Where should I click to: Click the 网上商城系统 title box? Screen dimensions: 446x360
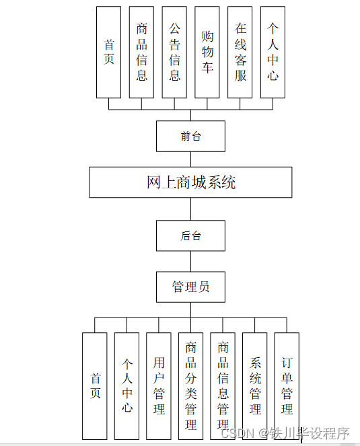[x=190, y=182]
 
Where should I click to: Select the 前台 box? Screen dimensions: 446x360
[x=190, y=136]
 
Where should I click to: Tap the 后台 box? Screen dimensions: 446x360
[x=190, y=235]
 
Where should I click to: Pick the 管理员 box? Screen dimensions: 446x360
[x=190, y=287]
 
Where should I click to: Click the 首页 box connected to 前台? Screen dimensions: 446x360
[x=109, y=52]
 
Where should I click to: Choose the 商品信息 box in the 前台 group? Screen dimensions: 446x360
[x=141, y=52]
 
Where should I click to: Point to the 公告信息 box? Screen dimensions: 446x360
[x=174, y=52]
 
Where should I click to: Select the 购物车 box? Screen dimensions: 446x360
[x=207, y=52]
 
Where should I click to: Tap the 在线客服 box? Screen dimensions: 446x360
[x=240, y=52]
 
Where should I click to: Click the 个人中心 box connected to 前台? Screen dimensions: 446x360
[x=273, y=52]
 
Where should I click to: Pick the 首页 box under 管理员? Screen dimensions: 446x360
[x=95, y=386]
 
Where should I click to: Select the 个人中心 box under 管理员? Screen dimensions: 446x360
[x=127, y=386]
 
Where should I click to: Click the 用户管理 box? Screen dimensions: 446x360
[x=159, y=386]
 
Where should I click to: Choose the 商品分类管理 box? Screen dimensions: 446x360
[x=190, y=386]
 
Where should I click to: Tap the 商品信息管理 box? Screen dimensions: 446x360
[x=223, y=386]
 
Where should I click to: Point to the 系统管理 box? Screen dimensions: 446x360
[x=255, y=386]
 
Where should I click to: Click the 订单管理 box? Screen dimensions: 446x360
[x=287, y=386]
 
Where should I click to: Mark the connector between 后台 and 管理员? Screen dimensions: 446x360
[x=190, y=261]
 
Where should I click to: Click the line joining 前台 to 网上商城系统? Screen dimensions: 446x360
[x=190, y=159]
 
